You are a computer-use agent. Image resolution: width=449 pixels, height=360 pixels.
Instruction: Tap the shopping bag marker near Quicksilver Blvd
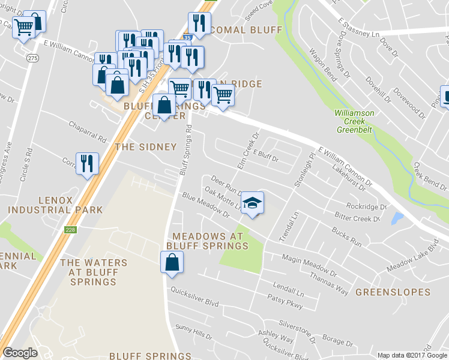[x=172, y=262]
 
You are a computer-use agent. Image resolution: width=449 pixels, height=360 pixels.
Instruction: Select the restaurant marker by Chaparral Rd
[x=88, y=163]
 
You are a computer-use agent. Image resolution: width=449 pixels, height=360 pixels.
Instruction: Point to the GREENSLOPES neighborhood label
[x=393, y=292]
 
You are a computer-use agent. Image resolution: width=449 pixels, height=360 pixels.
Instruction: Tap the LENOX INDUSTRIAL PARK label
[x=55, y=205]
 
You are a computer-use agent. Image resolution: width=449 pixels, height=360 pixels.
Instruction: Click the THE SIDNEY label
[x=145, y=147]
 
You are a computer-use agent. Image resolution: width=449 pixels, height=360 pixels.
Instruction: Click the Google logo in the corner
[x=20, y=353]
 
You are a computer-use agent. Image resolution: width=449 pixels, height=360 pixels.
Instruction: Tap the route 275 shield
[x=32, y=58]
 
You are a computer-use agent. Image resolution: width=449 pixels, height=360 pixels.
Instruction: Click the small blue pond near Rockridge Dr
[x=397, y=218]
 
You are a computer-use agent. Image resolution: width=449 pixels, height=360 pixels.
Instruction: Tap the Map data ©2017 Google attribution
[x=412, y=355]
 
